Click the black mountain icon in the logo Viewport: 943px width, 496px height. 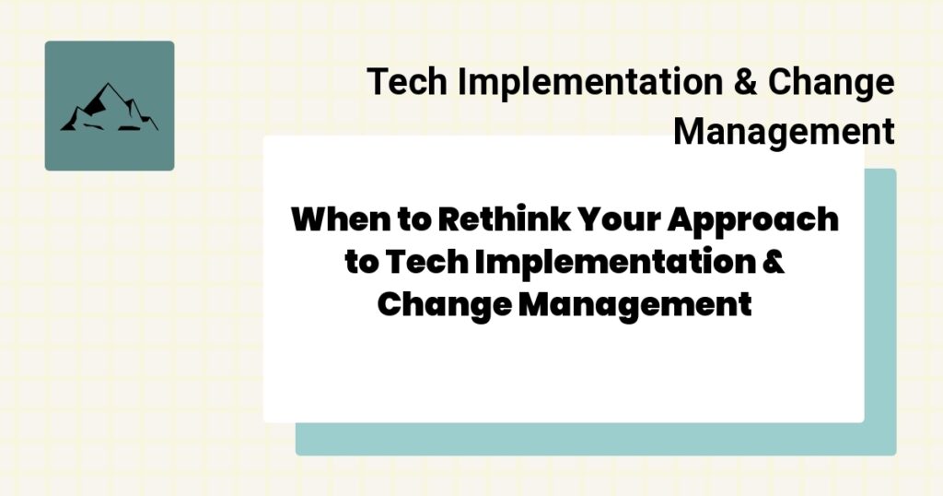click(109, 108)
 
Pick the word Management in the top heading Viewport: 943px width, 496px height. click(784, 131)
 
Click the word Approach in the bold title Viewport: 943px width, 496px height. click(766, 220)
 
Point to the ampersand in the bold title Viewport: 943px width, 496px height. click(774, 262)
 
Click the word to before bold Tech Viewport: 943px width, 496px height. click(361, 262)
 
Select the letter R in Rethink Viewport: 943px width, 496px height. click(448, 220)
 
